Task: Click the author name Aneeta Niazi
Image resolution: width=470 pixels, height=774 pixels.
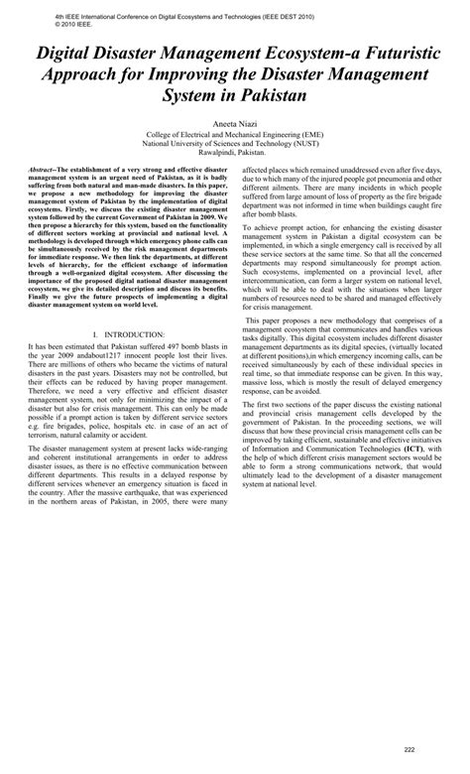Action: (235, 118)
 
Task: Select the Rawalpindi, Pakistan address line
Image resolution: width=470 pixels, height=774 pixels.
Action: (235, 152)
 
